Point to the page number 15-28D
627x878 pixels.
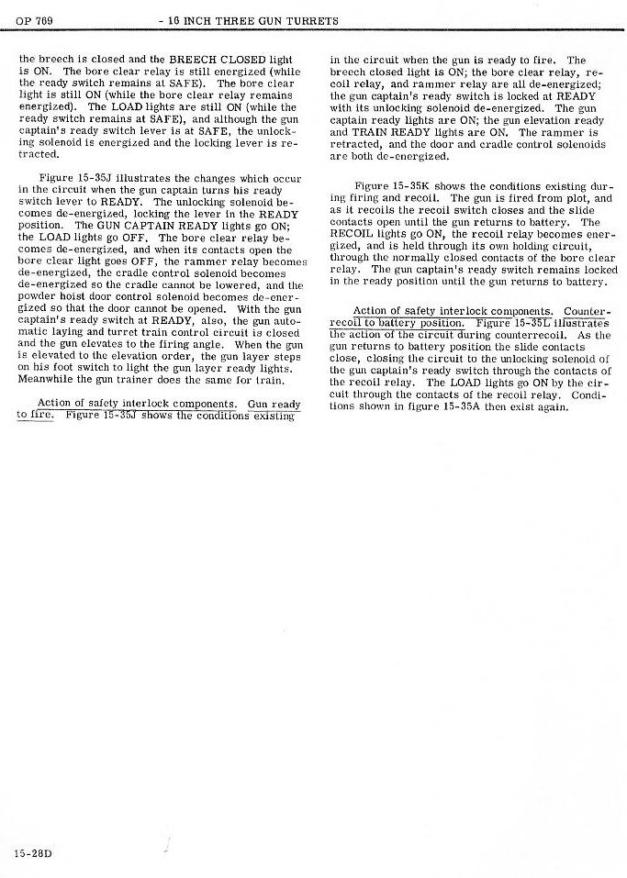coord(33,853)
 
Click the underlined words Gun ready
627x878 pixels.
coord(274,404)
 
